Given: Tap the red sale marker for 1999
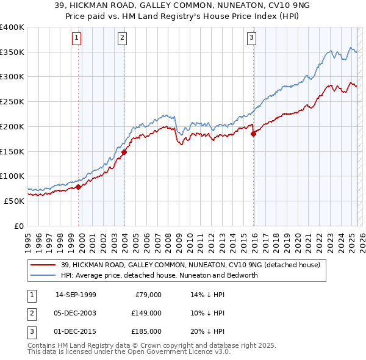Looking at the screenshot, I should tap(79, 187).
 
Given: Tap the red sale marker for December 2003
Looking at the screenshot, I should tap(124, 152).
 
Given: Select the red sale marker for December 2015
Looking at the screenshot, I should tap(253, 134).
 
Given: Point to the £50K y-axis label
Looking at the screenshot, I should tap(13, 201).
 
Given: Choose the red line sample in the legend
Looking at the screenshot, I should tap(43, 265).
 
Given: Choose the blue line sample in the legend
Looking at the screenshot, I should tap(43, 275).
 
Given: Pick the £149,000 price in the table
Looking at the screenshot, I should tap(146, 313).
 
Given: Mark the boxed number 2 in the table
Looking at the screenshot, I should tap(30, 313).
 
